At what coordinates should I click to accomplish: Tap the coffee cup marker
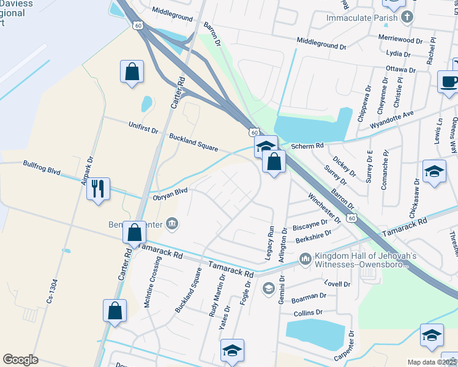[x=449, y=82]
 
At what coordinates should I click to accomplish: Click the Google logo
[x=20, y=360]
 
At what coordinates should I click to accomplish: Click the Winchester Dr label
[x=325, y=208]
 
